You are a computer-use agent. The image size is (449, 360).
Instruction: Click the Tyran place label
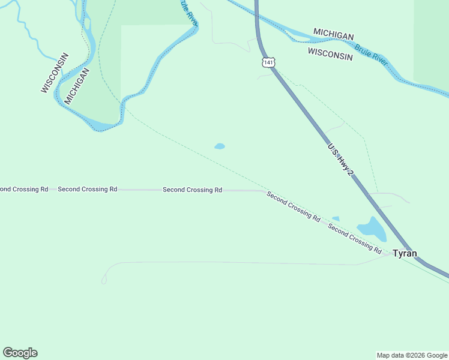click(x=405, y=253)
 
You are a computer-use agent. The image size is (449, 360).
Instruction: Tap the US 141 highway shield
click(x=268, y=62)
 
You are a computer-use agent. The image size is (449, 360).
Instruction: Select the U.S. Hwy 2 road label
click(x=340, y=159)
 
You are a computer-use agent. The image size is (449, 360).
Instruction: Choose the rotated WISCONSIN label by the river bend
click(x=55, y=73)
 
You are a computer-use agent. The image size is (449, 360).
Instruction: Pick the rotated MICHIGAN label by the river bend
click(x=77, y=86)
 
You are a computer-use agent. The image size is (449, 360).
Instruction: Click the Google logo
click(x=20, y=353)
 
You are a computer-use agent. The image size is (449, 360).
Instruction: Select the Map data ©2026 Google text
click(x=412, y=355)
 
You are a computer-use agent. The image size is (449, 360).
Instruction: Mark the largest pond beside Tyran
click(x=372, y=229)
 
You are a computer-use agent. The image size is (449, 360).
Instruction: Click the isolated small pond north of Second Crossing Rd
click(x=220, y=146)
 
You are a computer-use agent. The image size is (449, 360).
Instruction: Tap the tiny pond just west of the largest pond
click(x=336, y=218)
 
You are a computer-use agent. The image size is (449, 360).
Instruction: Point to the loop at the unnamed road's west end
click(x=104, y=280)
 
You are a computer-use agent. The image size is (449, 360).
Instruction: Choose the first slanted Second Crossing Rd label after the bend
click(x=293, y=206)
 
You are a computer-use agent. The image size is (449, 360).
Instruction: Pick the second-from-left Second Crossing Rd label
click(x=87, y=189)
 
